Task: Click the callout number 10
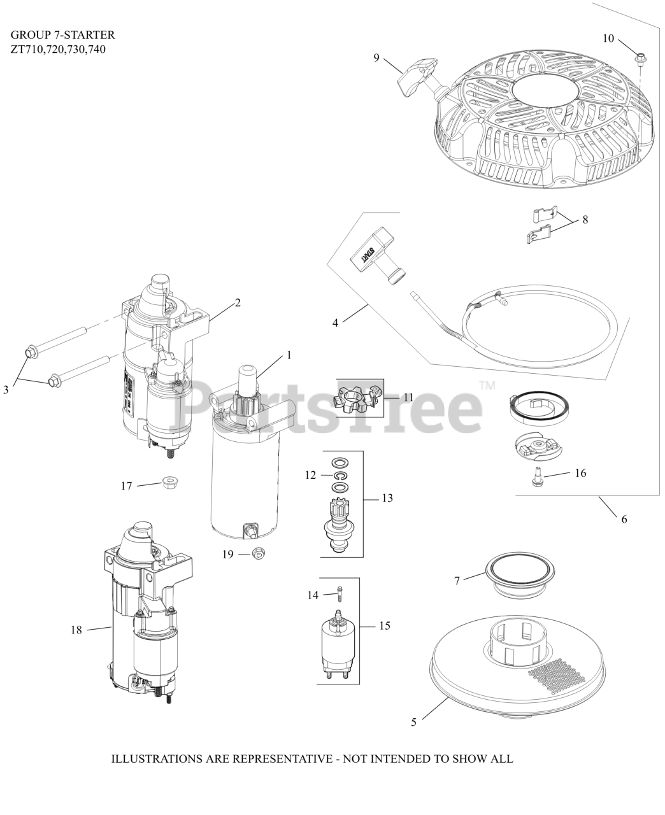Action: tap(608, 39)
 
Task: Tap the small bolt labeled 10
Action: tap(639, 59)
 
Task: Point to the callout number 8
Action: tap(585, 220)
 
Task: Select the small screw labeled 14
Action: tap(340, 593)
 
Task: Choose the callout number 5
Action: tap(414, 722)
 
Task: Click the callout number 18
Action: tap(76, 630)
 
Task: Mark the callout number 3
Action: tap(6, 390)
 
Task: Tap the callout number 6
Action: tap(624, 519)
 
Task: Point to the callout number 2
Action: tap(238, 302)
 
